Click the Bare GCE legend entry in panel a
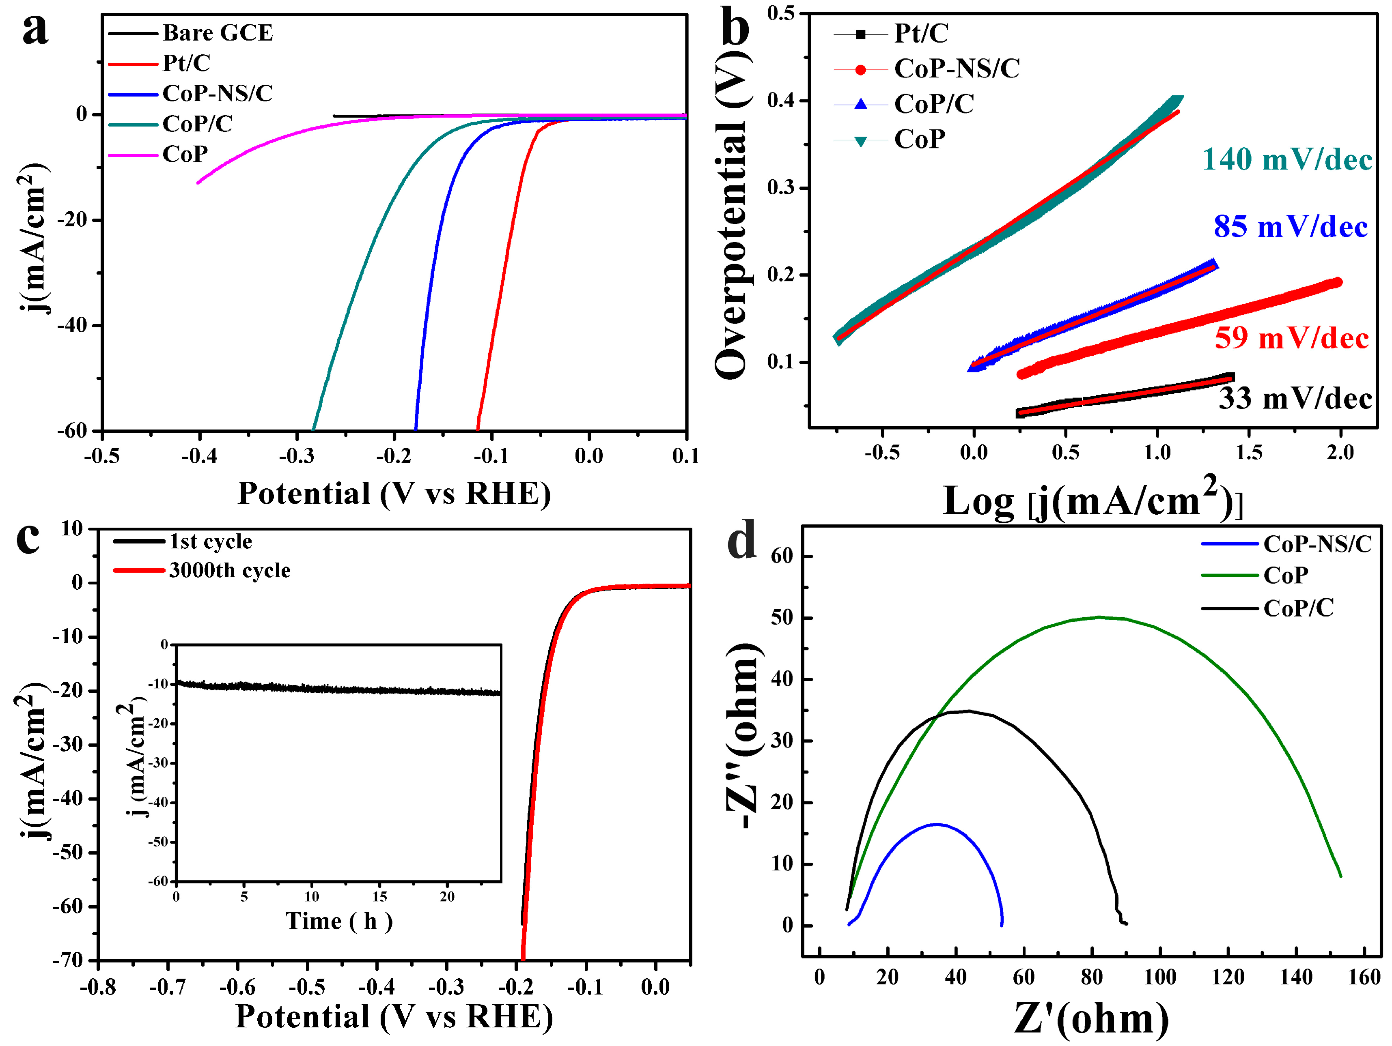217,33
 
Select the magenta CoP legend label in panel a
185,154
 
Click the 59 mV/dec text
1291,338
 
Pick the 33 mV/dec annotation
1295,399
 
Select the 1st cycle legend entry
210,541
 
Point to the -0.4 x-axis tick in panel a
199,456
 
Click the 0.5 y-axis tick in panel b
780,13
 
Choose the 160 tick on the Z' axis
1364,977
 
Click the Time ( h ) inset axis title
338,921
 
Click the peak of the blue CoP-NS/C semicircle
936,824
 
